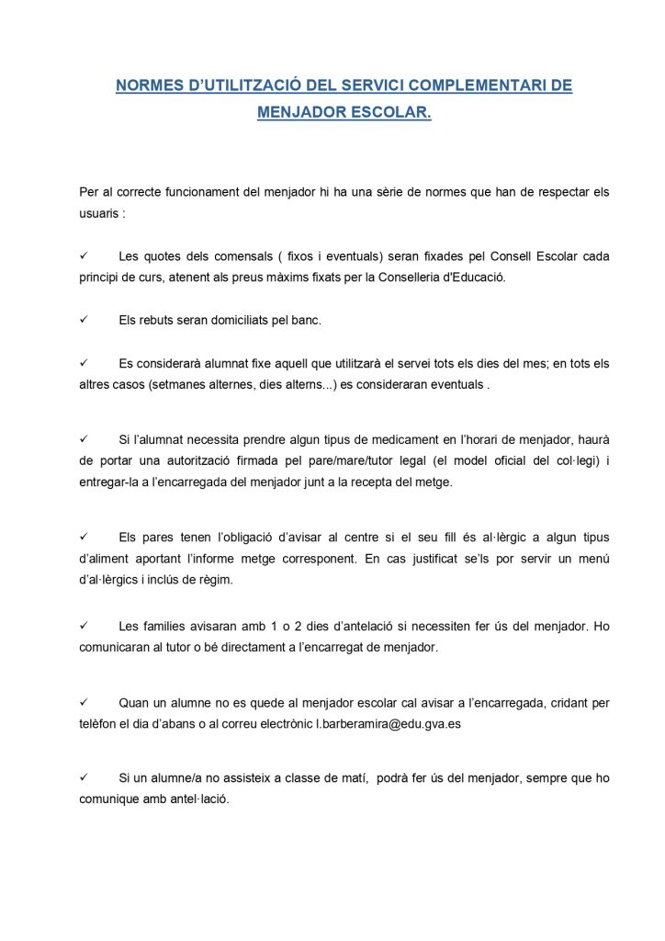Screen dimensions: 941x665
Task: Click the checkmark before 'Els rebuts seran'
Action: pyautogui.click(x=84, y=320)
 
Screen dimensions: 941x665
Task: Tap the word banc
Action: pyautogui.click(x=303, y=320)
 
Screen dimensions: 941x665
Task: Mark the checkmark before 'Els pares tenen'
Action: pyautogui.click(x=84, y=537)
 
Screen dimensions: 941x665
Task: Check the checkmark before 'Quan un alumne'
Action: pyautogui.click(x=84, y=703)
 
